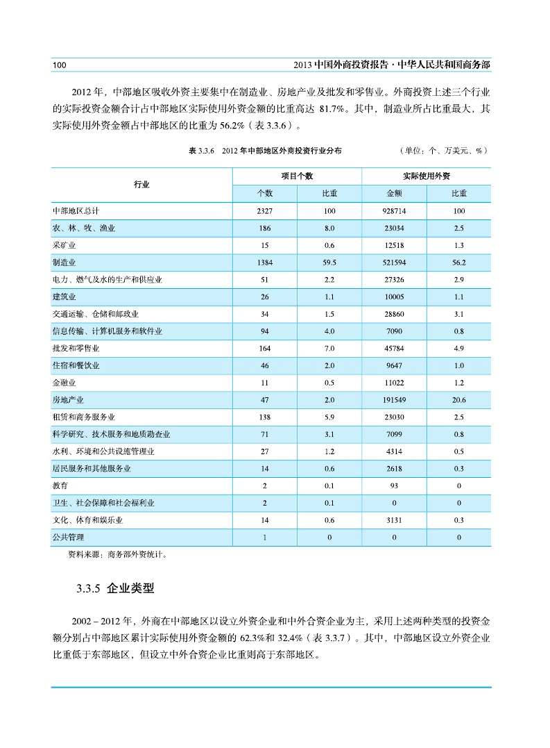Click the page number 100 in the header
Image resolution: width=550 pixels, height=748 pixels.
59,65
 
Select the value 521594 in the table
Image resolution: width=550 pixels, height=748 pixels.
394,263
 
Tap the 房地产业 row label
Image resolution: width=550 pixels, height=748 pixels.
67,400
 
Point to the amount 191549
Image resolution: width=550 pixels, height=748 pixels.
394,400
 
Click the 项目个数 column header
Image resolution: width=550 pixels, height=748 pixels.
297,176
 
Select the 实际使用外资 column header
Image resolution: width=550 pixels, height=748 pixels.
426,176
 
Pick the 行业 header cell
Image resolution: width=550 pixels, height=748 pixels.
141,185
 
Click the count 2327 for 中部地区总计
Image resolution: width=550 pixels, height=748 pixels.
264,211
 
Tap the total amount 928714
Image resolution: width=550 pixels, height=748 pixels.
394,211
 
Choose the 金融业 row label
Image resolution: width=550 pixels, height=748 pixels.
64,383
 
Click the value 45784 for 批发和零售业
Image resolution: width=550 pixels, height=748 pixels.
394,348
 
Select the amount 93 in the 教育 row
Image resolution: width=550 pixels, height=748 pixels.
394,485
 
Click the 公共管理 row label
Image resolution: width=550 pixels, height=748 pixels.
67,537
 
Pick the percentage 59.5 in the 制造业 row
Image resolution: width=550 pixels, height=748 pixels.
329,263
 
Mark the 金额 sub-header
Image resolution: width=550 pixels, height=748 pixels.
394,194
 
